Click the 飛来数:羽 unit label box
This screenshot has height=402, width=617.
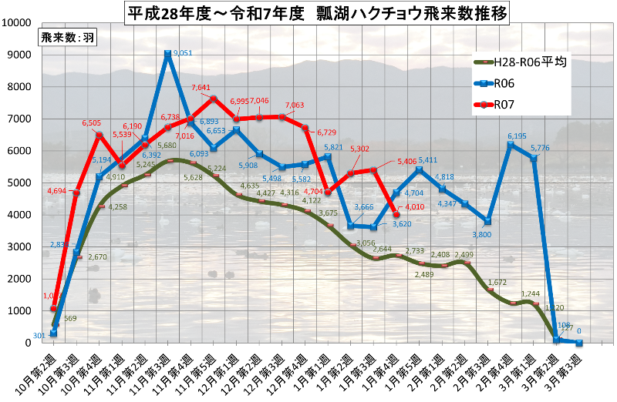pyautogui.click(x=66, y=38)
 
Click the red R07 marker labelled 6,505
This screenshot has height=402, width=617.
pyautogui.click(x=99, y=136)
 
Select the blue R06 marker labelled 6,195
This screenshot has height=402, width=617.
pyautogui.click(x=509, y=145)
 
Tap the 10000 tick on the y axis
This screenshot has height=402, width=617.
pyautogui.click(x=18, y=23)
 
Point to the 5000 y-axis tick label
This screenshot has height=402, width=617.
pyautogui.click(x=20, y=183)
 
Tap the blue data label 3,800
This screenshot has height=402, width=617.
pyautogui.click(x=480, y=234)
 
